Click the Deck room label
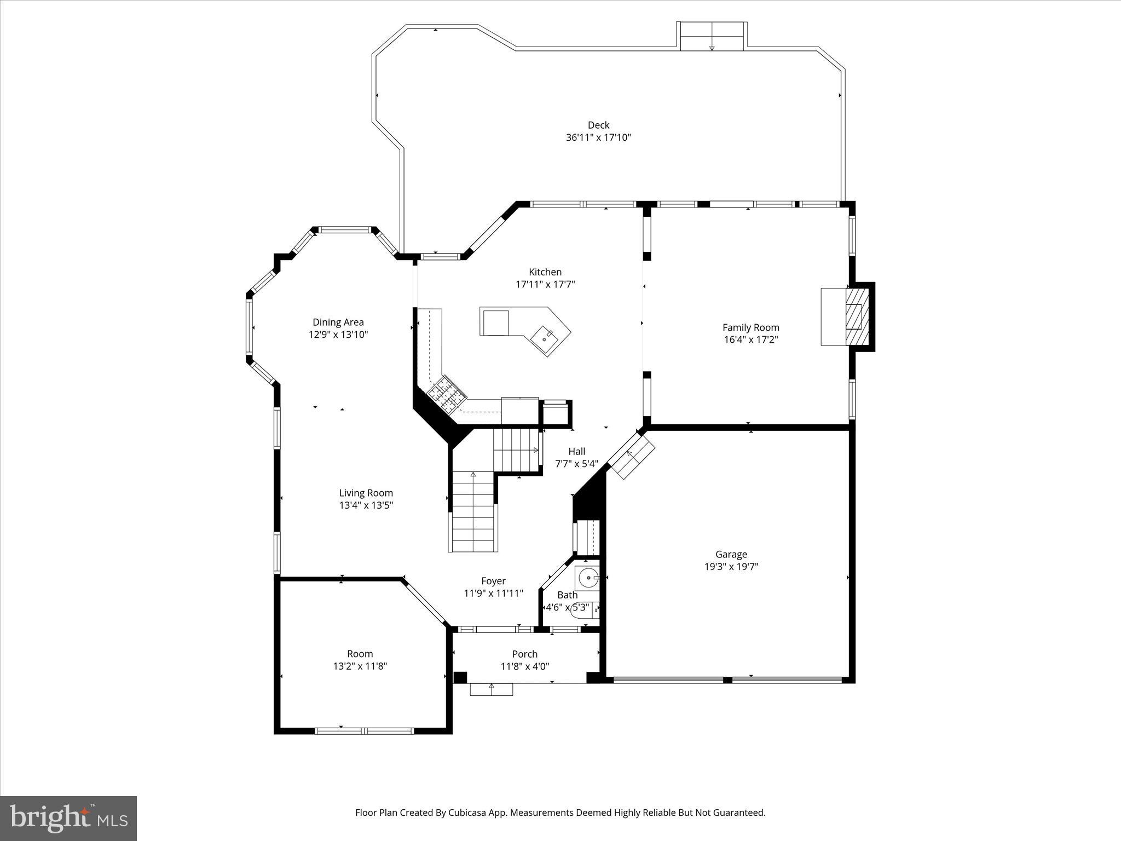pos(598,125)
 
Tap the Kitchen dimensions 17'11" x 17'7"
pos(545,284)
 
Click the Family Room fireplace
pos(856,316)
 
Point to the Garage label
pos(731,554)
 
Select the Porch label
pos(524,654)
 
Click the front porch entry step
pos(492,689)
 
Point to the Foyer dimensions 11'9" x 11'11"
pos(493,593)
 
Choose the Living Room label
pos(366,493)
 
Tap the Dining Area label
pos(338,322)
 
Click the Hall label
pos(576,451)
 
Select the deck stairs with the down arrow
pos(712,37)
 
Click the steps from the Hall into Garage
pos(632,454)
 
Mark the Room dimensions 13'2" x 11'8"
pos(360,666)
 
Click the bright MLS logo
pos(68,818)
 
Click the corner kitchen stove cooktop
pos(446,393)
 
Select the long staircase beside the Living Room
pos(473,512)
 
